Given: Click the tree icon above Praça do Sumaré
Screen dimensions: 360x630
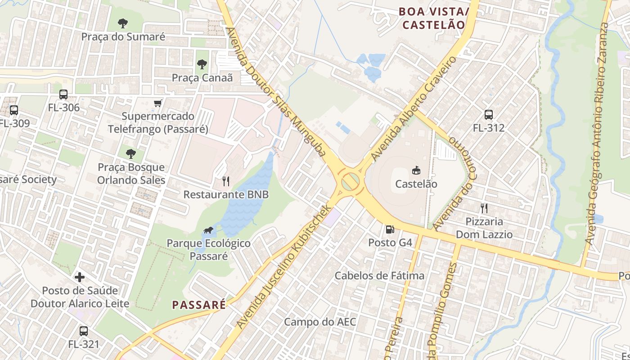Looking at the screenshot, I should point(123,23).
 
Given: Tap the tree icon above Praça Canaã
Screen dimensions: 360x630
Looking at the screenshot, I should point(202,64).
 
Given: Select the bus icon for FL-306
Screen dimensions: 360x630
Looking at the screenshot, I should point(63,94).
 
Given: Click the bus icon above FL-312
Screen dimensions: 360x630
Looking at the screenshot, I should point(489,115).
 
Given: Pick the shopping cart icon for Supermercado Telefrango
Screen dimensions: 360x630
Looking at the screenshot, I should point(158,103).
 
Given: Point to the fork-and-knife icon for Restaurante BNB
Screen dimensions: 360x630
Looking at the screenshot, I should point(226,181).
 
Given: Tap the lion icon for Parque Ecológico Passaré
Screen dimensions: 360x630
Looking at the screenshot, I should point(208,231).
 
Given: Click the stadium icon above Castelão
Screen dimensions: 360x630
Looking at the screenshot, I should point(416,171).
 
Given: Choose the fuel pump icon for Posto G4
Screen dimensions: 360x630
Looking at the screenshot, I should point(390,229).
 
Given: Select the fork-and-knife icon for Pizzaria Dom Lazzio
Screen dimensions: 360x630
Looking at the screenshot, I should point(484,208).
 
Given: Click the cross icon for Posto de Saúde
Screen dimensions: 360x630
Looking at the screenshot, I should point(80,277).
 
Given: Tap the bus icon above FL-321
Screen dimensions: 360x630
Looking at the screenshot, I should point(84,332).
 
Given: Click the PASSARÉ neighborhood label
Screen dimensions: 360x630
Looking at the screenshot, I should point(199,305).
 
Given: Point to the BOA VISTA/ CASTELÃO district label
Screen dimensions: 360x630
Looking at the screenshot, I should point(433,18).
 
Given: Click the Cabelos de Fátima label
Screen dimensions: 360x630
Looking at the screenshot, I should point(380,275).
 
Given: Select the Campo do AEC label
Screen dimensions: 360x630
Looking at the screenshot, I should point(320,322).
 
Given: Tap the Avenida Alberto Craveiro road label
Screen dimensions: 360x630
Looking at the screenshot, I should point(414,109).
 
